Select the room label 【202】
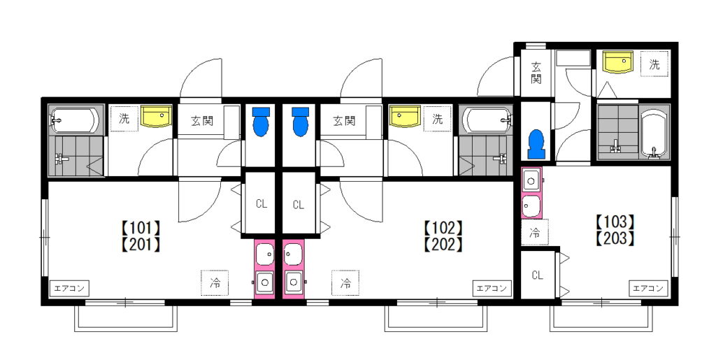pyautogui.click(x=443, y=245)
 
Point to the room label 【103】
pyautogui.click(x=615, y=222)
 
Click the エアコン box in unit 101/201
pyautogui.click(x=69, y=289)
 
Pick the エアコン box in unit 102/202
pyautogui.click(x=492, y=289)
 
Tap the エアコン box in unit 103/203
pyautogui.click(x=648, y=289)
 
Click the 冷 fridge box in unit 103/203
pyautogui.click(x=535, y=232)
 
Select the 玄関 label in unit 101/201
pyautogui.click(x=202, y=122)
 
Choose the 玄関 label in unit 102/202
pyautogui.click(x=344, y=122)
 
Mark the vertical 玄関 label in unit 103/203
pyautogui.click(x=536, y=73)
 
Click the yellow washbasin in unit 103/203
pyautogui.click(x=617, y=62)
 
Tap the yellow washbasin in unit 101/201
pyautogui.click(x=156, y=116)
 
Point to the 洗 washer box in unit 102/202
pyautogui.click(x=438, y=119)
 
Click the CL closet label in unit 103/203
pyautogui.click(x=537, y=275)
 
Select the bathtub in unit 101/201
pyautogui.click(x=74, y=120)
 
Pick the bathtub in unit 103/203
pyautogui.click(x=654, y=132)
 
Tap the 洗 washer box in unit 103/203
pyautogui.click(x=654, y=64)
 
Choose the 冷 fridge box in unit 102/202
pyautogui.click(x=345, y=283)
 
